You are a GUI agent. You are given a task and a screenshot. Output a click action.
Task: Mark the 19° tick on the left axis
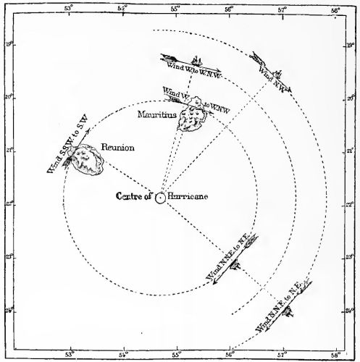(x=7, y=43)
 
